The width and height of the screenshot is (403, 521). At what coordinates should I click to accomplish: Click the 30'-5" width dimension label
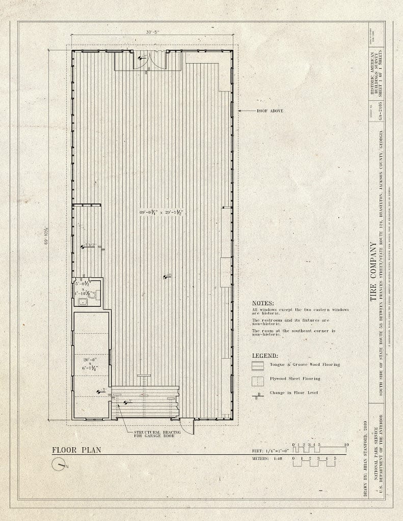click(152, 32)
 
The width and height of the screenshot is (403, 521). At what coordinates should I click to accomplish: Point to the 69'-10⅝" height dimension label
click(46, 235)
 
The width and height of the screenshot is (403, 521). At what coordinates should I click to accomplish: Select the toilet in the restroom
click(93, 295)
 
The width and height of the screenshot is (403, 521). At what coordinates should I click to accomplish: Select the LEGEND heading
click(264, 356)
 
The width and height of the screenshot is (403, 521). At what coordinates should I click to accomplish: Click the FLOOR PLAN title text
click(76, 449)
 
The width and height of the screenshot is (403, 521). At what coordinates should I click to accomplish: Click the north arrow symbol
click(59, 464)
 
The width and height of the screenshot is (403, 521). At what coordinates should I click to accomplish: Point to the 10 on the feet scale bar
click(346, 445)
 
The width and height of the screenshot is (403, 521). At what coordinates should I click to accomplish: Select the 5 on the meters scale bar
click(335, 458)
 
